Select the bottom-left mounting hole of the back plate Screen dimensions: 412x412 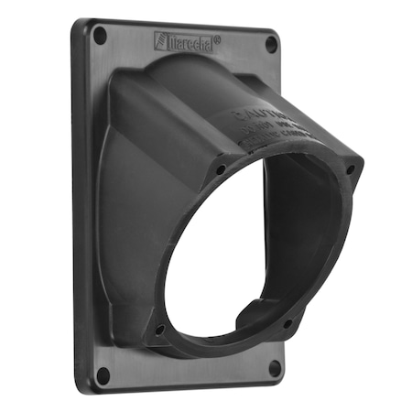(x=103, y=374)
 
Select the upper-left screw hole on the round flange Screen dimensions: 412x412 (x=221, y=169)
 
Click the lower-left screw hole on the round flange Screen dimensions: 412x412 (x=160, y=329)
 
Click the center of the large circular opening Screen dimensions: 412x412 (x=245, y=252)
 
